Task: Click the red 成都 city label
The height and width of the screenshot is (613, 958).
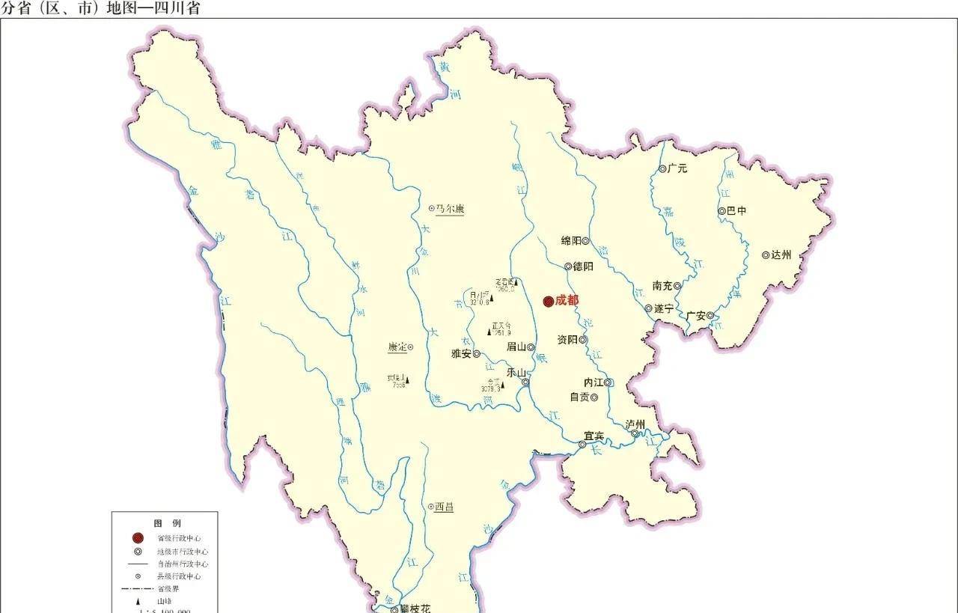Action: [567, 300]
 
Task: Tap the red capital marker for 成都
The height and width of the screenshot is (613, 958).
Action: [548, 301]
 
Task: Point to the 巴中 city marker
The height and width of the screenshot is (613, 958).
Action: [721, 211]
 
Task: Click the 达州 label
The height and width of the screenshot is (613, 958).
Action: [781, 255]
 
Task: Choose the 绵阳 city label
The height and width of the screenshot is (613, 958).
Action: [571, 241]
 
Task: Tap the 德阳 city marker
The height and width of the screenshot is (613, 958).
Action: [569, 266]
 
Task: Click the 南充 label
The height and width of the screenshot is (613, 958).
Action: [662, 286]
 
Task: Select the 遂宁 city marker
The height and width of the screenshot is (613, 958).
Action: [648, 308]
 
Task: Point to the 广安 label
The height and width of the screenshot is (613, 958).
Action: [695, 316]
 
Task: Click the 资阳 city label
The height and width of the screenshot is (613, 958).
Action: [567, 340]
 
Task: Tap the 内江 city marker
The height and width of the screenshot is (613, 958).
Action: [608, 382]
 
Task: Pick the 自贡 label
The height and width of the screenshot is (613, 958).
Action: [579, 397]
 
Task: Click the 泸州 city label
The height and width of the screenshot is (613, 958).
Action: [635, 424]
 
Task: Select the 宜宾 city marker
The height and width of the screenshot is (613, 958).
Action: [582, 445]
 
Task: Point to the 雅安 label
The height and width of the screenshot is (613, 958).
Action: [461, 354]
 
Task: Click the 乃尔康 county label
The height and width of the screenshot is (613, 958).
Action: [450, 209]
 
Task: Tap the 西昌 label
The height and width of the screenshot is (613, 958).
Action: [444, 507]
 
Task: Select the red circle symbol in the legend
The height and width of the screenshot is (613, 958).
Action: [137, 538]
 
